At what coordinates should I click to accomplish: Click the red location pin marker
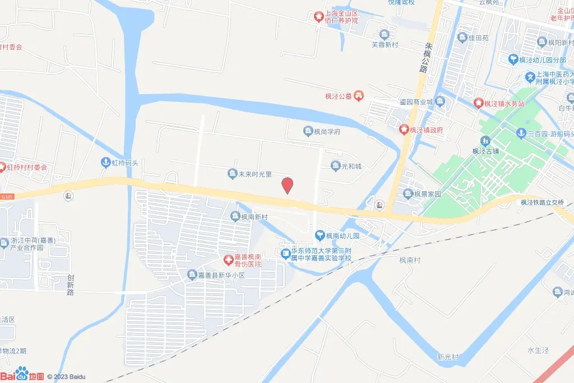[287, 185]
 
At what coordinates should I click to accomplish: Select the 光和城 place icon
[335, 165]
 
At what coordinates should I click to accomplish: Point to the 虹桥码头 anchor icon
[105, 163]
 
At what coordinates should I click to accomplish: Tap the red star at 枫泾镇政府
[404, 130]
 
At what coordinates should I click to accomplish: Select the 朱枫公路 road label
[424, 58]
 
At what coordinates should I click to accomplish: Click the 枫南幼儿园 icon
[320, 236]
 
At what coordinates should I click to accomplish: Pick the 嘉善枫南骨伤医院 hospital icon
[228, 260]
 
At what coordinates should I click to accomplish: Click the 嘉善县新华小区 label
[221, 275]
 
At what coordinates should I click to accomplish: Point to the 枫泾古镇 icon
[485, 141]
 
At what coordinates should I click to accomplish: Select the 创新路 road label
[71, 284]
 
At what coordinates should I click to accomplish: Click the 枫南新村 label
[254, 216]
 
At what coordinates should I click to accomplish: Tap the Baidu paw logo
[22, 372]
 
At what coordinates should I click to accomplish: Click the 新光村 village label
[448, 357]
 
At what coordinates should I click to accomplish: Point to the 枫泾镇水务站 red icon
[478, 103]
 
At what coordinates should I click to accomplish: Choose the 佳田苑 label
[479, 38]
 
